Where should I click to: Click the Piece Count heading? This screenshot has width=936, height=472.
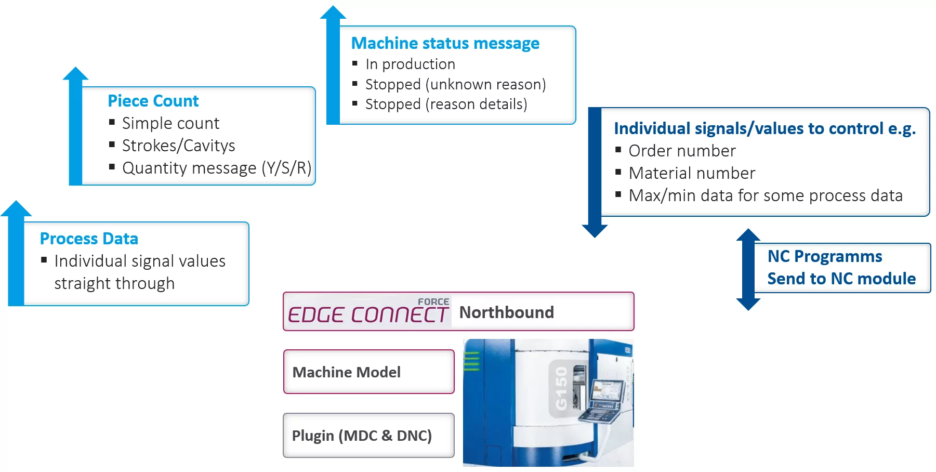153,101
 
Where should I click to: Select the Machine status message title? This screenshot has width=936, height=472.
445,43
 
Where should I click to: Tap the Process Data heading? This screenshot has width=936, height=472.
89,239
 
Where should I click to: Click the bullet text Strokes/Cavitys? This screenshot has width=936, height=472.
178,146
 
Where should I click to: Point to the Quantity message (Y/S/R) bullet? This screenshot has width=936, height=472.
216,168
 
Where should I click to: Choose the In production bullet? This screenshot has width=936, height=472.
410,64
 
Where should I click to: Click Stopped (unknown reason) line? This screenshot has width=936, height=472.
455,84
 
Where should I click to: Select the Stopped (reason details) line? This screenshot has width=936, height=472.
446,104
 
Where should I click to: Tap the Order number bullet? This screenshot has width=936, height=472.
682,151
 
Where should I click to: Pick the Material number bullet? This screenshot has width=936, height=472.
692,173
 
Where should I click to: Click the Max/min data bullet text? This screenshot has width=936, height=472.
765,195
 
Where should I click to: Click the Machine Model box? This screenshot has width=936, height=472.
368,372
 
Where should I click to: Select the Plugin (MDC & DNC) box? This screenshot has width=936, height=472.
368,435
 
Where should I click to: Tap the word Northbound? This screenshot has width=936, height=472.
506,312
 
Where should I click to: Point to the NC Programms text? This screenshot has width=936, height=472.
824,256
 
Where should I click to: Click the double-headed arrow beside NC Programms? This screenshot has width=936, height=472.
748,269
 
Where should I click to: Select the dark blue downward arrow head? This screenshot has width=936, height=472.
595,230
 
